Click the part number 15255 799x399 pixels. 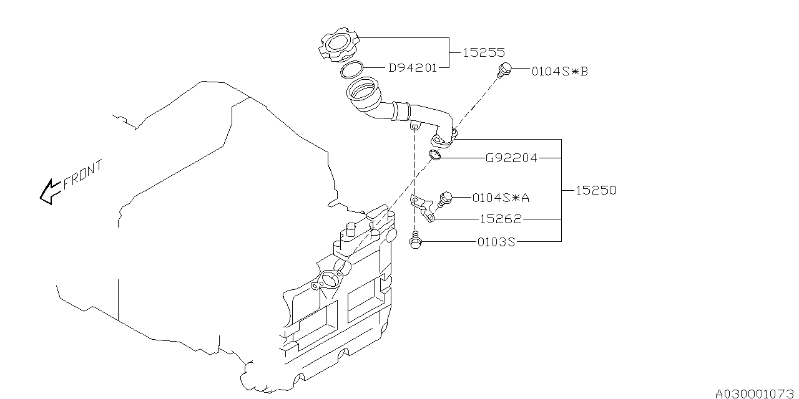(x=484, y=53)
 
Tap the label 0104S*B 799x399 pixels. (x=559, y=71)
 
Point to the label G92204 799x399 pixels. (x=511, y=158)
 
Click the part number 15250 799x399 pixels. (x=596, y=190)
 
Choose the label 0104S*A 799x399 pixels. (x=501, y=198)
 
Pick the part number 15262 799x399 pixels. (x=501, y=219)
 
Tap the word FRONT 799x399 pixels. (x=82, y=175)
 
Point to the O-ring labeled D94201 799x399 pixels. (x=353, y=70)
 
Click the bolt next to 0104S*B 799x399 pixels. (x=505, y=70)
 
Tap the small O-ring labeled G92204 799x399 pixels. (x=436, y=155)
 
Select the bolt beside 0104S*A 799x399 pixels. (x=445, y=198)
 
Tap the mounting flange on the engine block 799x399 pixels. (x=328, y=278)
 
